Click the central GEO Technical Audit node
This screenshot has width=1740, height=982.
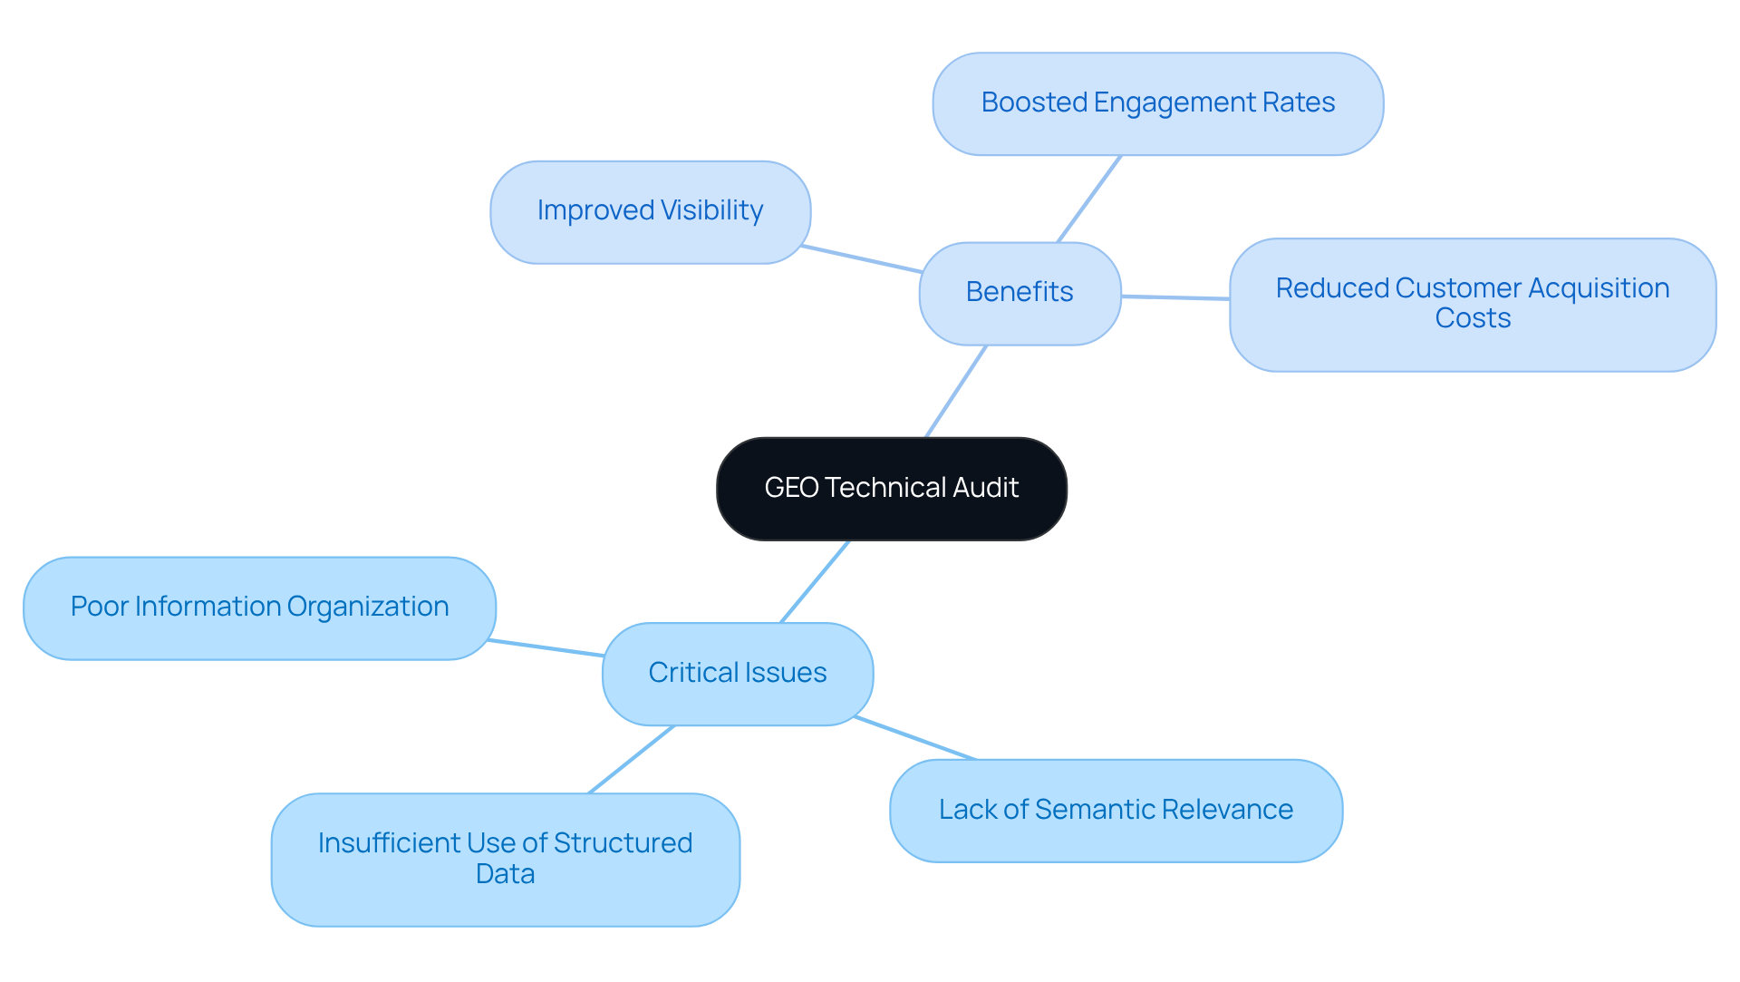891,489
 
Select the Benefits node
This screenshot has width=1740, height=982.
1020,293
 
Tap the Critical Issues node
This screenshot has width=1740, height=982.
737,673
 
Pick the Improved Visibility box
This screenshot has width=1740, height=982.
650,211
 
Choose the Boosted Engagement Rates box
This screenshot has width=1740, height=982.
1157,103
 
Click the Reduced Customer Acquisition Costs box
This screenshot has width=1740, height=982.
1472,304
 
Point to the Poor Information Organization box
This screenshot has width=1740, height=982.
259,608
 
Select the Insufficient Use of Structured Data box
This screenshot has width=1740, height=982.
505,859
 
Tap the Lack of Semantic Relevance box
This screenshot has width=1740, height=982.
1116,810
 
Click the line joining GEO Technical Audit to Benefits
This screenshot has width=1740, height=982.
956,391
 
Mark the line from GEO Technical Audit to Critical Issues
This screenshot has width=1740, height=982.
815,582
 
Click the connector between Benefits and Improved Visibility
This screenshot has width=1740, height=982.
861,258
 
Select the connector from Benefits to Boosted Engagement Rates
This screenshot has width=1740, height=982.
1089,199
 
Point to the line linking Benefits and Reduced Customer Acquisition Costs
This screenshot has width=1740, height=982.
1175,297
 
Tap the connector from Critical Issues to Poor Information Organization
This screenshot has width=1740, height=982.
546,647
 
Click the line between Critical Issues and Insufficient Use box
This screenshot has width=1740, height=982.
632,759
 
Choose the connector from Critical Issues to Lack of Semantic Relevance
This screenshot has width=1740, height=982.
915,738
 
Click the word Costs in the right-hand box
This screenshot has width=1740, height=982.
1473,318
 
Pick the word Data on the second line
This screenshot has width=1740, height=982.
505,874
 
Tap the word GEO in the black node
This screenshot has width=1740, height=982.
791,488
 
